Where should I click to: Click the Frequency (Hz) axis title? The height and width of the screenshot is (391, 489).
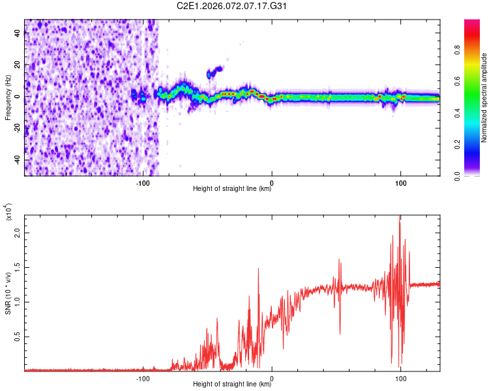point(8,96)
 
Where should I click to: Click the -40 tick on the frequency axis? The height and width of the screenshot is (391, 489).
point(17,160)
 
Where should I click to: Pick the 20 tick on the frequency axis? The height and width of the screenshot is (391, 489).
point(18,65)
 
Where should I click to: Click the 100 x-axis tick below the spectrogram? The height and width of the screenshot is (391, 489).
point(401,182)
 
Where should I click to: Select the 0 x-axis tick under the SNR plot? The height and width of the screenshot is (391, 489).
point(272,378)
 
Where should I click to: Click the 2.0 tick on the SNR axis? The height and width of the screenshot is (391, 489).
point(18,232)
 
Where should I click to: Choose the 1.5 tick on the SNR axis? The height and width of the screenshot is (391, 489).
point(18,267)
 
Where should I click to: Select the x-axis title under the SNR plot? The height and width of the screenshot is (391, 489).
point(232,384)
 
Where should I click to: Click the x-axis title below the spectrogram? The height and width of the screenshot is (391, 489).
point(232,190)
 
